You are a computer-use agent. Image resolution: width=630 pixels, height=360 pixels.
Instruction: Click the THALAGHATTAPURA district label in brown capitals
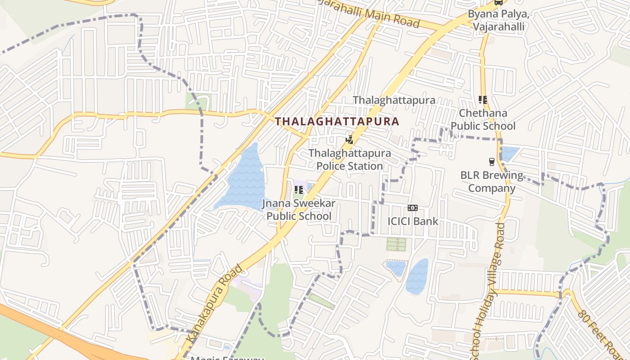pos(337,121)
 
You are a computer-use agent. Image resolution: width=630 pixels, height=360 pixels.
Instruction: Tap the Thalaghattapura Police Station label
pos(350,160)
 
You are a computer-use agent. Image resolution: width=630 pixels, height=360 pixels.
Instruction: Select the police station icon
pos(349,139)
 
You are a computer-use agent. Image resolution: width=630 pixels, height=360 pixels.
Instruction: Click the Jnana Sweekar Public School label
pos(299,210)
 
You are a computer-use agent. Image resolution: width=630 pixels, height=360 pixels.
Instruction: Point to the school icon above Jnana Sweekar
pos(298,190)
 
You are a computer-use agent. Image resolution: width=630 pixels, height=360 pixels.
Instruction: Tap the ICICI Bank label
pos(413,221)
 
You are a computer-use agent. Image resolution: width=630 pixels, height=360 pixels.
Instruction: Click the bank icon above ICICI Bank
pos(412,207)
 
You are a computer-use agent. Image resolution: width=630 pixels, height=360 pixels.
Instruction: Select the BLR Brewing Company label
pos(492,181)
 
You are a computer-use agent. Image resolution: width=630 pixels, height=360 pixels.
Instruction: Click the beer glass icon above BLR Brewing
pos(492,162)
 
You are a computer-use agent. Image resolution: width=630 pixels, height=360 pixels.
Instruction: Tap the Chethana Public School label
pos(483,119)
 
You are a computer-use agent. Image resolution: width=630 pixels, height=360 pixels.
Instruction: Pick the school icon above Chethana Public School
pos(483,99)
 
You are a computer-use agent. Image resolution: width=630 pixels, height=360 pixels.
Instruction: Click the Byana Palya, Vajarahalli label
pos(499,20)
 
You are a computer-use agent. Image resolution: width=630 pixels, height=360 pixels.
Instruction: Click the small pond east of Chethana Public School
pos(509,153)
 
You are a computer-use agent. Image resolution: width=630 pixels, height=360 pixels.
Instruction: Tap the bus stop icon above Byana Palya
pos(498,2)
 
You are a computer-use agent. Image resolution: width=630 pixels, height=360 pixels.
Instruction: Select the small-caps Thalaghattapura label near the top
pos(394,100)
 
